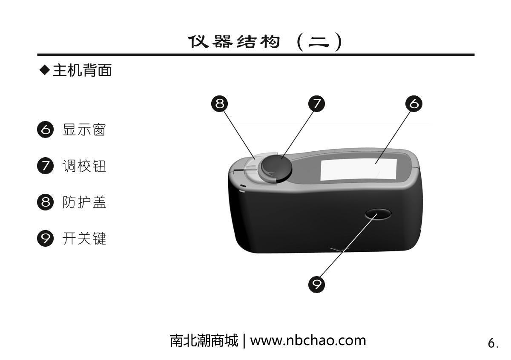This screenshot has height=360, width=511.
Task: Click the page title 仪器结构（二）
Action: pyautogui.click(x=265, y=42)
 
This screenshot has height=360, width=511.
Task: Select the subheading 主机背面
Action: pyautogui.click(x=82, y=70)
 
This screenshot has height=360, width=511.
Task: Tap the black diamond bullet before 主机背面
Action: pyautogui.click(x=44, y=70)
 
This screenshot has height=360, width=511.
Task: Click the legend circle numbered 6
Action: pyautogui.click(x=46, y=130)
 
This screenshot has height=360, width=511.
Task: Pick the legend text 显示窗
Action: pyautogui.click(x=84, y=130)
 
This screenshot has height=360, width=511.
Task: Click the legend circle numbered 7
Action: pyautogui.click(x=46, y=166)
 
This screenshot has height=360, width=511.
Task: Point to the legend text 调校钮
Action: pyautogui.click(x=84, y=166)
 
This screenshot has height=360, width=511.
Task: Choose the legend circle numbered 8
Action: pyautogui.click(x=46, y=202)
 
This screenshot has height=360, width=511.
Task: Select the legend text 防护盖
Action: pyautogui.click(x=84, y=202)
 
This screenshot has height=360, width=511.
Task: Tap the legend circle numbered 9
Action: pyautogui.click(x=46, y=238)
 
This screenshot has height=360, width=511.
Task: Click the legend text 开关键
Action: pyautogui.click(x=84, y=239)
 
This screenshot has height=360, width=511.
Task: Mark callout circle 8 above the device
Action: pyautogui.click(x=219, y=104)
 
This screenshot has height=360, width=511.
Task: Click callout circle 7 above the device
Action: pyautogui.click(x=317, y=104)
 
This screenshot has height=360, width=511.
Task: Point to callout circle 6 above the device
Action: pyautogui.click(x=414, y=104)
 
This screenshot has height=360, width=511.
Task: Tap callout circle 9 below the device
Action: pyautogui.click(x=317, y=285)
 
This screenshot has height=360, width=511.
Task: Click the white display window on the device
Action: pyautogui.click(x=359, y=169)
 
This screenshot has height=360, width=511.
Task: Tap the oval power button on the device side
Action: pyautogui.click(x=378, y=214)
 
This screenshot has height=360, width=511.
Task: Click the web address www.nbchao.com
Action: pyautogui.click(x=308, y=341)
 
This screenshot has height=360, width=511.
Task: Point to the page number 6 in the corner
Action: pyautogui.click(x=491, y=343)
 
